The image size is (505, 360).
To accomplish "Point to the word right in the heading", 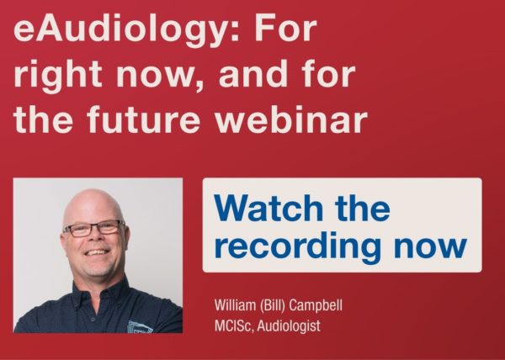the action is pos(58,77).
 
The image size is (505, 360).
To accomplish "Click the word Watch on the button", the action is pos(268,208).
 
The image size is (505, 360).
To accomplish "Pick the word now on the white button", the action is pos(431,247).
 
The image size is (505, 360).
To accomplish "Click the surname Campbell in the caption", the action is pos(316,305).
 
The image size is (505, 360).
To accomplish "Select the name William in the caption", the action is pos(235,305).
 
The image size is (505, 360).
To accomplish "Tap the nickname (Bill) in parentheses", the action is pos(273,305).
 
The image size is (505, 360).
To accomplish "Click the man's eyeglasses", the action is pos(94,228).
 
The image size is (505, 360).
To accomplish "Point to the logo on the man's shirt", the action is pos(140,327).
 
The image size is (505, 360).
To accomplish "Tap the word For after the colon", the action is pos(285,29).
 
